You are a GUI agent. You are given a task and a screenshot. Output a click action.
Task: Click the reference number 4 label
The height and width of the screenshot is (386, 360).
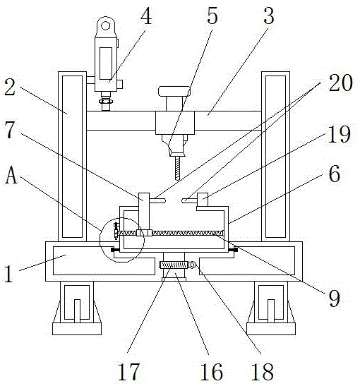(146, 17)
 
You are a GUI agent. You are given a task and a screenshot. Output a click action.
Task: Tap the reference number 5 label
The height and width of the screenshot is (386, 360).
(212, 16)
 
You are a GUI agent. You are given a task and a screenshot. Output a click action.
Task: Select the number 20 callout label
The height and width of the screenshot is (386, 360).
(341, 83)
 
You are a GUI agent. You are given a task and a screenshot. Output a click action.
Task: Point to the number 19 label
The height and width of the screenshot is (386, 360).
(339, 134)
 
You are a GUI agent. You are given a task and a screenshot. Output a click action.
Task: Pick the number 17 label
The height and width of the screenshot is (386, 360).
(128, 372)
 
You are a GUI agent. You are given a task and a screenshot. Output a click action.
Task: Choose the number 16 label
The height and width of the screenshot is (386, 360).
(212, 372)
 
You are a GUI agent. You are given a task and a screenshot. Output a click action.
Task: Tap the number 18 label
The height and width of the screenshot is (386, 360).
(262, 372)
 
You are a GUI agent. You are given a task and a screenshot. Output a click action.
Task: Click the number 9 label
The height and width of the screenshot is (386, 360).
(334, 298)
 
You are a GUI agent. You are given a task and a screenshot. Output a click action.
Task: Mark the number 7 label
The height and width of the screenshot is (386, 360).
(10, 130)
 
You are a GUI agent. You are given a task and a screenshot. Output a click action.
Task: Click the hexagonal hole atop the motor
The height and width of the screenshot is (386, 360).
(105, 25)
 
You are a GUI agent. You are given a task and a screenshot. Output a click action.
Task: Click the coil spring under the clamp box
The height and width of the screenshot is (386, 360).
(174, 265)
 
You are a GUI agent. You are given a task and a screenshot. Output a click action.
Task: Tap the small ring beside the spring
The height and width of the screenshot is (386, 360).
(191, 265)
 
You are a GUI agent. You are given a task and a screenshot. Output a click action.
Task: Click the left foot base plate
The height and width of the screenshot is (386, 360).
(77, 329)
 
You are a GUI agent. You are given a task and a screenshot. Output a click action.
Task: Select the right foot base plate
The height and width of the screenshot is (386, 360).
(271, 329)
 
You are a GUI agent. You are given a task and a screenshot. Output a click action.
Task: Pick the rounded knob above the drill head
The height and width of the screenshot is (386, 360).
(174, 91)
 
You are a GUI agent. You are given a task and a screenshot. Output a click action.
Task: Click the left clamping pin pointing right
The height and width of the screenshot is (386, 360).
(157, 201)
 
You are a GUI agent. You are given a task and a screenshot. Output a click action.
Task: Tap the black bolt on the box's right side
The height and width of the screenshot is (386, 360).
(235, 250)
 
